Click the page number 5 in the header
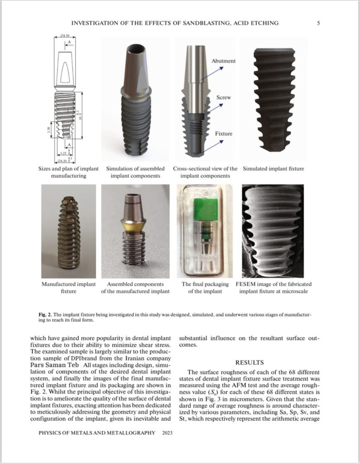(318, 23)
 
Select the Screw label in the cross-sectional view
(226, 97)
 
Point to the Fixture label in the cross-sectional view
(224, 134)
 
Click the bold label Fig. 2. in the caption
(46, 314)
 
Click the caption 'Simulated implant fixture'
(273, 169)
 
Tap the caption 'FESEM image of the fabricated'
(274, 284)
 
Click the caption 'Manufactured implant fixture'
(68, 288)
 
